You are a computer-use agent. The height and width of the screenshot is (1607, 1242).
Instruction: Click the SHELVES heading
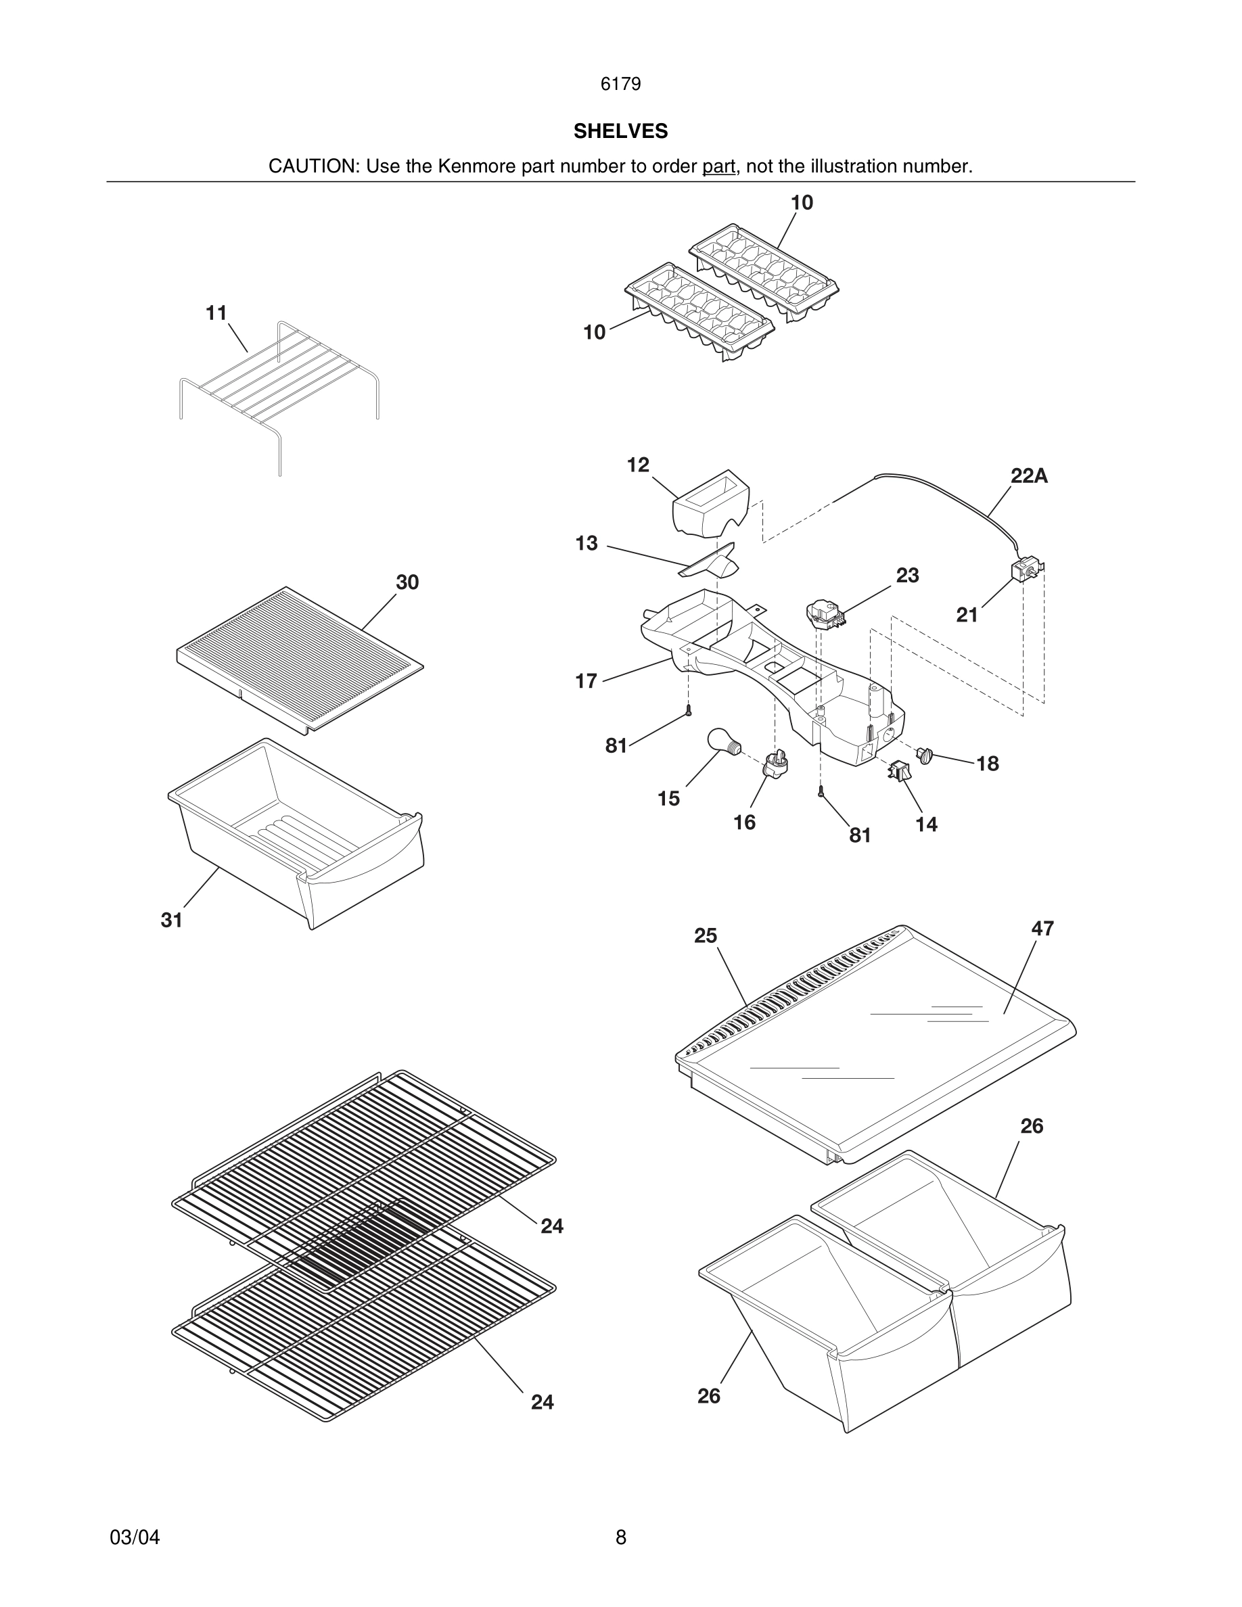point(620,131)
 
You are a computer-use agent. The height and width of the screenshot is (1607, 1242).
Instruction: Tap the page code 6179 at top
point(620,84)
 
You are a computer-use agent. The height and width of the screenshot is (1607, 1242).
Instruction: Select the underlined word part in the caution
point(718,166)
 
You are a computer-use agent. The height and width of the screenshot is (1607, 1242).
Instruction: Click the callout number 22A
point(1029,476)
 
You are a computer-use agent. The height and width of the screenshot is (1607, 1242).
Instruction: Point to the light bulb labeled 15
point(722,739)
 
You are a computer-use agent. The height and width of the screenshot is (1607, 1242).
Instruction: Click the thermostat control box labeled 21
point(1026,569)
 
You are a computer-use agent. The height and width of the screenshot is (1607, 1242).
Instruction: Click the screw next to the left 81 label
point(689,711)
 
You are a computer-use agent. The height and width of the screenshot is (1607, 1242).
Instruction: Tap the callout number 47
point(1042,929)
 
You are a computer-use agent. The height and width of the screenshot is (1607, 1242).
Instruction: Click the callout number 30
point(407,582)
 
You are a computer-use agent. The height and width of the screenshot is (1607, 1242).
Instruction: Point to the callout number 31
point(171,920)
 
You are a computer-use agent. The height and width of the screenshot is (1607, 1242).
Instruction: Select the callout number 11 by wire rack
point(216,313)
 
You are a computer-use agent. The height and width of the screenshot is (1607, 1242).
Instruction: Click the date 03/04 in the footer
point(135,1537)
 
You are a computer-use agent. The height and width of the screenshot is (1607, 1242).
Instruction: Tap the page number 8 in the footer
point(620,1537)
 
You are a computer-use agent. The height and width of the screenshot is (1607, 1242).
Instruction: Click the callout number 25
point(705,935)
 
